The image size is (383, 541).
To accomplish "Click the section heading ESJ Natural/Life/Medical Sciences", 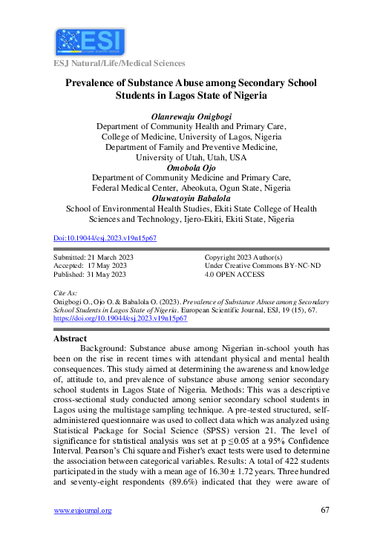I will tap(119, 64).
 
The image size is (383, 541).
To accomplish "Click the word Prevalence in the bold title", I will tap(95, 83).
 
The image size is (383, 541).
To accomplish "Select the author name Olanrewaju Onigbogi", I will tap(191, 117).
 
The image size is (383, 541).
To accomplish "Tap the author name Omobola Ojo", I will tap(191, 168).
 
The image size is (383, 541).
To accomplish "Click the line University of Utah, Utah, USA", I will tap(191, 158).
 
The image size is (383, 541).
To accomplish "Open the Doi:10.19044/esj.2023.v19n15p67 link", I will tap(105, 238).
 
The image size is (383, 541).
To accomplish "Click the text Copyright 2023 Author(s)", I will tap(243, 257).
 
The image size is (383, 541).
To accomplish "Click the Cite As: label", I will tap(66, 294).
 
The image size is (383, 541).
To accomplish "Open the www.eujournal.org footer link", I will tap(83, 511).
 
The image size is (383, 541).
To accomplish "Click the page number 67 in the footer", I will tap(324, 510).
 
